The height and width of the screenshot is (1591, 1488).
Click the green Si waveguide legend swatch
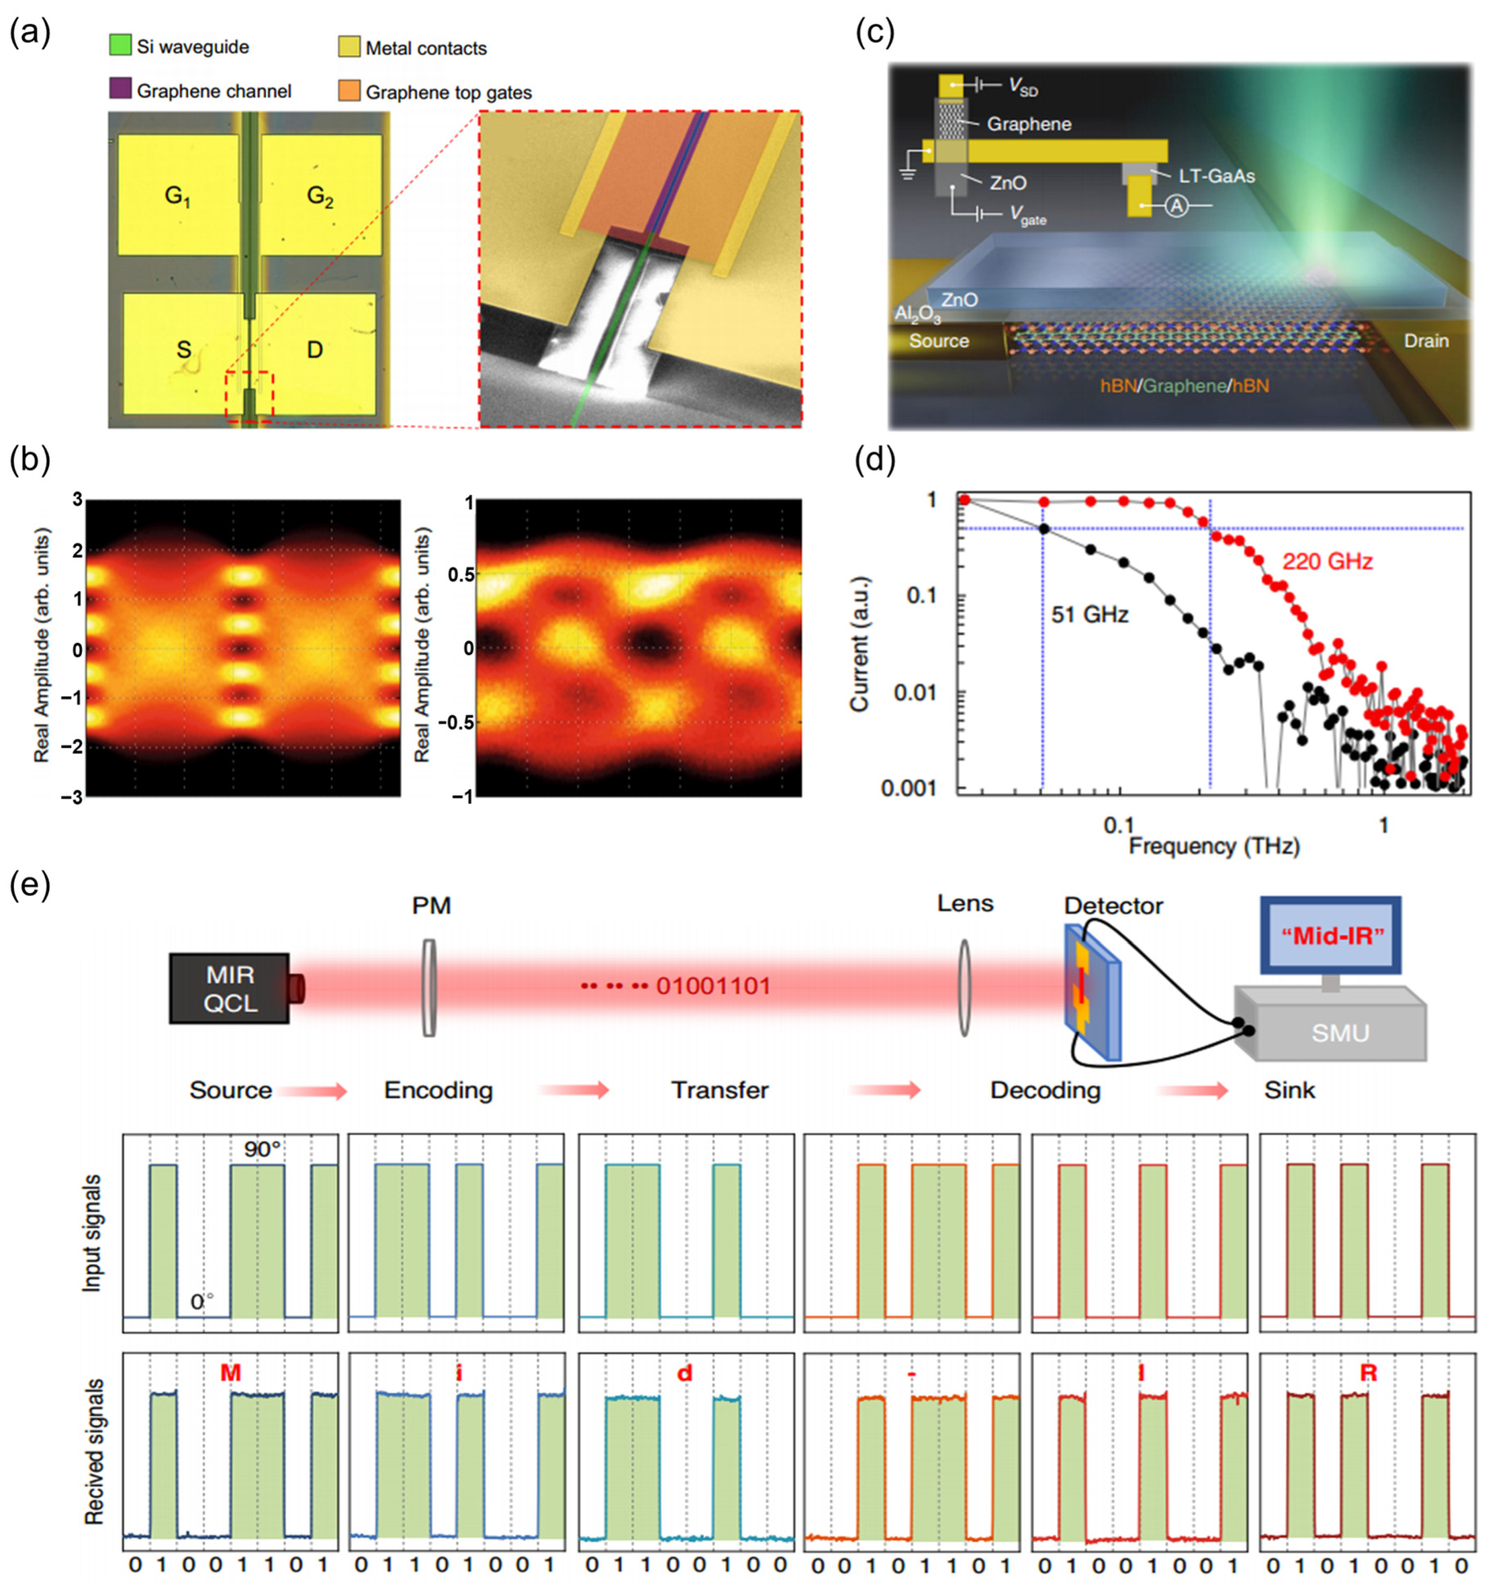pyautogui.click(x=120, y=45)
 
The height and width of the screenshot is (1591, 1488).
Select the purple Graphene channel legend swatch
pyautogui.click(x=120, y=89)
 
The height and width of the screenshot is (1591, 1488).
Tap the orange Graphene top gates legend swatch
pyautogui.click(x=349, y=90)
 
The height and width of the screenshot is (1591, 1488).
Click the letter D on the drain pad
pyautogui.click(x=315, y=350)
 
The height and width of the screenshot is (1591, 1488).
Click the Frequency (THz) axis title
pyautogui.click(x=1213, y=846)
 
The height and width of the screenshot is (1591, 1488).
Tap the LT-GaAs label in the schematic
pyautogui.click(x=1216, y=175)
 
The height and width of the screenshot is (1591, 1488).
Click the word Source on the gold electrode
pyautogui.click(x=938, y=341)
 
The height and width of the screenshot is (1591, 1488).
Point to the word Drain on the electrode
pyautogui.click(x=1426, y=341)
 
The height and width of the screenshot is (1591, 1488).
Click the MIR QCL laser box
pyautogui.click(x=230, y=988)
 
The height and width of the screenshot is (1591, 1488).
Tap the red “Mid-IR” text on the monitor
pyautogui.click(x=1332, y=936)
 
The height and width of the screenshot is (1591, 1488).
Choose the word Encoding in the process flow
pyautogui.click(x=439, y=1090)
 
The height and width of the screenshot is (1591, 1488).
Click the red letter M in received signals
pyautogui.click(x=231, y=1373)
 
